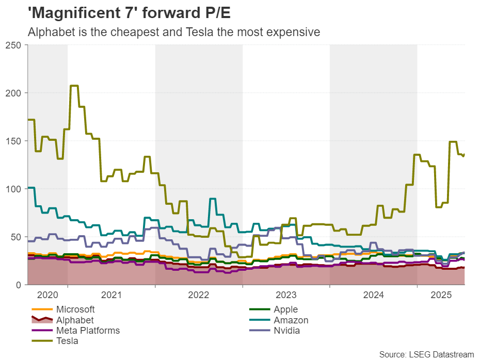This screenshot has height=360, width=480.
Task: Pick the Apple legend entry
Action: click(x=285, y=310)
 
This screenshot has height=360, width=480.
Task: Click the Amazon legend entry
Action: click(x=291, y=320)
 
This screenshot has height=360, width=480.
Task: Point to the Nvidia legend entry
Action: click(x=287, y=331)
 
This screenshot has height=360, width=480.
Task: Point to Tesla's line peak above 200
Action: click(x=74, y=86)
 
